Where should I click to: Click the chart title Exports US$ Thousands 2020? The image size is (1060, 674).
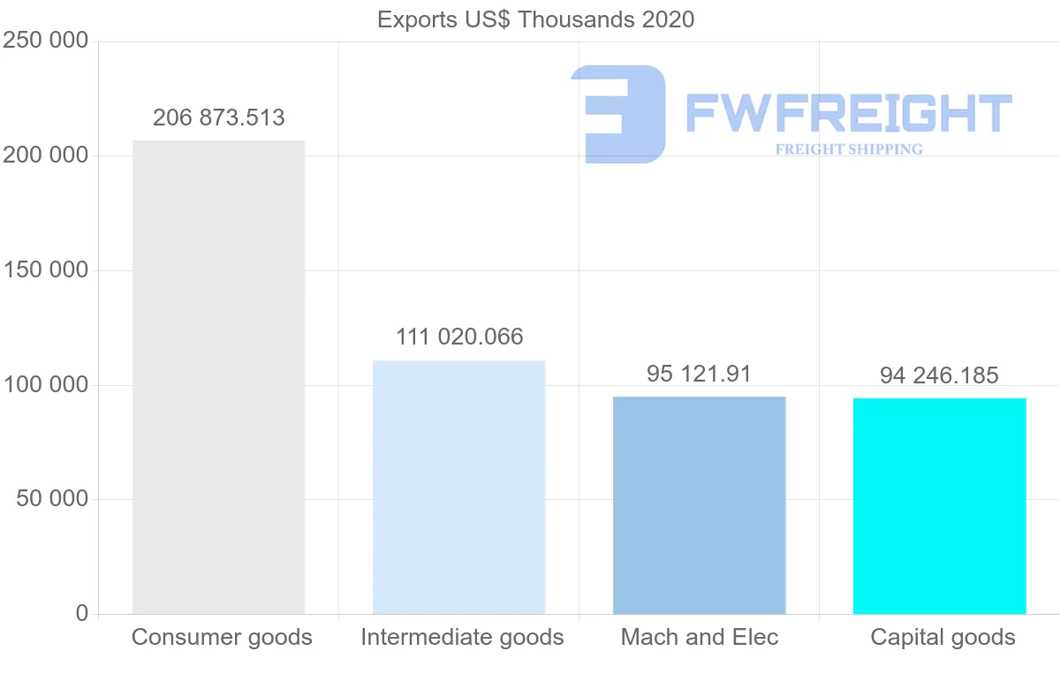[x=535, y=19]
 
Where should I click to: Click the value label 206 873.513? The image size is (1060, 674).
[x=219, y=117]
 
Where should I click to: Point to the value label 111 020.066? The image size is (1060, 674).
[x=459, y=337]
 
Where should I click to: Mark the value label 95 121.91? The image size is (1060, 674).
[x=699, y=374]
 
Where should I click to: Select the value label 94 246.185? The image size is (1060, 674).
[x=939, y=375]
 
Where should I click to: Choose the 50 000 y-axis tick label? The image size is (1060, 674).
[x=52, y=499]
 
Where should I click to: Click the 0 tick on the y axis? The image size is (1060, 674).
[x=81, y=614]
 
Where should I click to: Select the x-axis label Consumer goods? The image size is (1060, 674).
[x=222, y=637]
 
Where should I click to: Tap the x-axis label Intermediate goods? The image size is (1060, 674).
[x=462, y=637]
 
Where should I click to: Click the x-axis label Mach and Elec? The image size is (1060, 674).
[x=700, y=637]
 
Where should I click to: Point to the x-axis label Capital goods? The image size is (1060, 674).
[x=943, y=637]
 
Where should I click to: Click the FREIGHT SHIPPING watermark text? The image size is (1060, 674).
[x=849, y=149]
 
